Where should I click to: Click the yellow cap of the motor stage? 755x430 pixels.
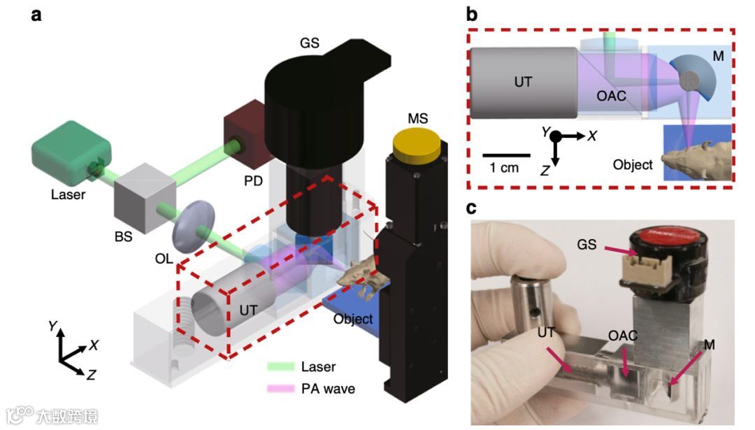(x=418, y=144)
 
